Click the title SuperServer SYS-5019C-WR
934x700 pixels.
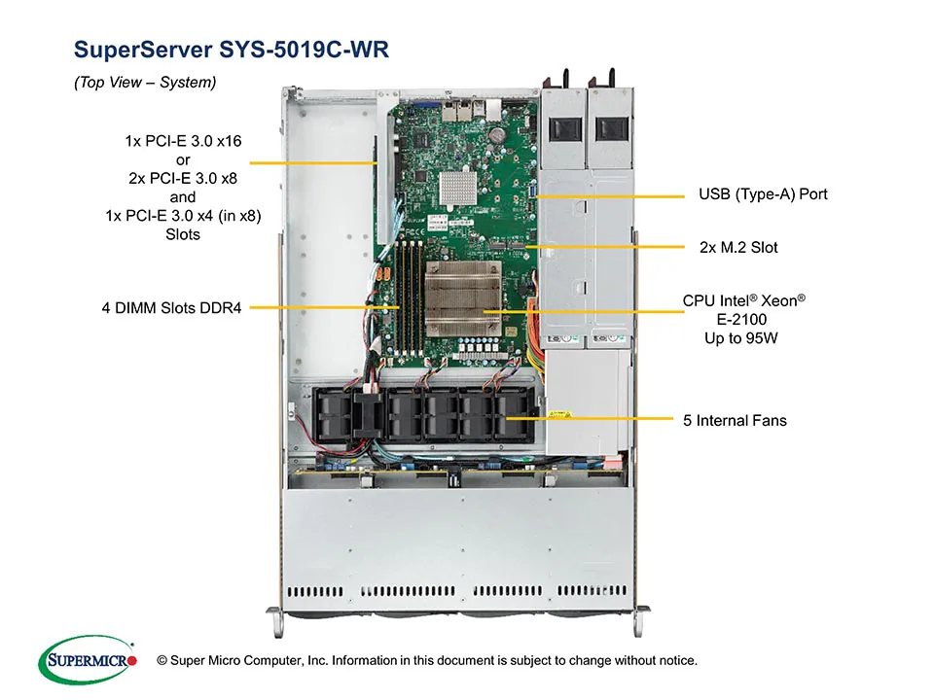click(x=232, y=50)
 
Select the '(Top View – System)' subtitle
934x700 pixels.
click(x=145, y=83)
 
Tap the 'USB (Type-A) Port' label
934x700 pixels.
click(x=763, y=194)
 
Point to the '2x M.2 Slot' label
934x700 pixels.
click(x=738, y=248)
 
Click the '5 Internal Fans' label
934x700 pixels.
click(x=735, y=420)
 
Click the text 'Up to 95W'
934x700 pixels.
click(x=744, y=337)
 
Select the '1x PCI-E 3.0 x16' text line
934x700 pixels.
click(x=183, y=141)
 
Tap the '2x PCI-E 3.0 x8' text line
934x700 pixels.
click(x=183, y=179)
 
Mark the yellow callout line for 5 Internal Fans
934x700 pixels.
click(x=593, y=420)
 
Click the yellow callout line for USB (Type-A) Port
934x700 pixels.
click(x=608, y=195)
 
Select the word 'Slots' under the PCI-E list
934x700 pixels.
click(x=183, y=234)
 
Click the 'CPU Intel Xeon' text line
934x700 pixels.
click(x=744, y=301)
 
